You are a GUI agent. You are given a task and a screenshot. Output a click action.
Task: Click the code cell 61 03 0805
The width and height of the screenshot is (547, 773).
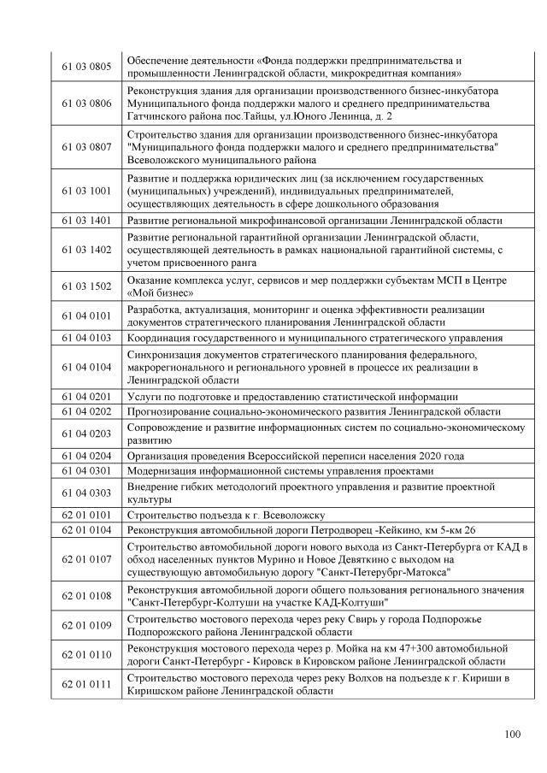pyautogui.click(x=86, y=66)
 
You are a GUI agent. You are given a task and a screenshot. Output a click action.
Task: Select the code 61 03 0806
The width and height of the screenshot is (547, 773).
pyautogui.click(x=86, y=103)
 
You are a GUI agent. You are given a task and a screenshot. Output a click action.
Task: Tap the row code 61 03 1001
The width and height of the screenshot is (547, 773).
pyautogui.click(x=86, y=191)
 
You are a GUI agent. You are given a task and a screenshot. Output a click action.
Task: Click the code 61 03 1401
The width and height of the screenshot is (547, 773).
pyautogui.click(x=86, y=220)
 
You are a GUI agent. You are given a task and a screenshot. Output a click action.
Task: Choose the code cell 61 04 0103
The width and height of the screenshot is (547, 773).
pyautogui.click(x=86, y=338)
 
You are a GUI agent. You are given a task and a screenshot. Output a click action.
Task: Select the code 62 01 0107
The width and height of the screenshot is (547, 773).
pyautogui.click(x=86, y=559)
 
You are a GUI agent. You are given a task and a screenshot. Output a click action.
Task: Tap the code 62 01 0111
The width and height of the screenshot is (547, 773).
pyautogui.click(x=86, y=685)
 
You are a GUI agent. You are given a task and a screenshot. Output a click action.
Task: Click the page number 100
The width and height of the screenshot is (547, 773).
pyautogui.click(x=512, y=733)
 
